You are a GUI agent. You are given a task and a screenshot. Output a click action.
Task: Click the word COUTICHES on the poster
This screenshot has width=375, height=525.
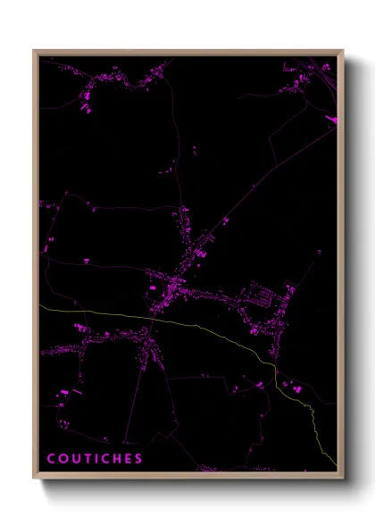(x=95, y=459)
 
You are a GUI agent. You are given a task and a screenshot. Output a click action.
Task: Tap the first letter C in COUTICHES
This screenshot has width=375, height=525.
(x=51, y=459)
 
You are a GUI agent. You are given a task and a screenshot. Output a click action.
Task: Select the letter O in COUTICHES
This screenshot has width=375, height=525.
(x=62, y=459)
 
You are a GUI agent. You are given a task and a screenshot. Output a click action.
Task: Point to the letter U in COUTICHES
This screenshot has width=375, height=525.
(x=73, y=459)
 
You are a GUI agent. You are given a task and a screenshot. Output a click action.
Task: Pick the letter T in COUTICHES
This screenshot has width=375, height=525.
(x=85, y=459)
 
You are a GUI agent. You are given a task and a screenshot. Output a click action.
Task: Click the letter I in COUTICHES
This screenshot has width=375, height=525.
(x=94, y=459)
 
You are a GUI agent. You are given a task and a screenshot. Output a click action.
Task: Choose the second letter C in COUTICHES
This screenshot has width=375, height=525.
(x=103, y=459)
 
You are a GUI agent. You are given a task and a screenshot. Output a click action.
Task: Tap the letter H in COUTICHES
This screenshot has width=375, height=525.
(x=114, y=459)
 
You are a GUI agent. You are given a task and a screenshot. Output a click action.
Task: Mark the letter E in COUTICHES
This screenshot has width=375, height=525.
(x=126, y=459)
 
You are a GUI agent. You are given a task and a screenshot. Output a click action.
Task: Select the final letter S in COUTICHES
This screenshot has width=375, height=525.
(x=137, y=459)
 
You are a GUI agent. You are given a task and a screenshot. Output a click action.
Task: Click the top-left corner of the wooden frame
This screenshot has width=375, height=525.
(x=34, y=51)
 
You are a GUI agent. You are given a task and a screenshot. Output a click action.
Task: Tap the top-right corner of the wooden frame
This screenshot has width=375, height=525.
(x=343, y=51)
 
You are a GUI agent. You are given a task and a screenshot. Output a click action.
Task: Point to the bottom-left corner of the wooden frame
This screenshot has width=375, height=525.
(x=34, y=478)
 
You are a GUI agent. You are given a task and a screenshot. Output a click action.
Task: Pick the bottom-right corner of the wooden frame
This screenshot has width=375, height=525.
(x=343, y=478)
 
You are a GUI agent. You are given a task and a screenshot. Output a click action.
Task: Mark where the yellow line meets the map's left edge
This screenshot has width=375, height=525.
(x=39, y=306)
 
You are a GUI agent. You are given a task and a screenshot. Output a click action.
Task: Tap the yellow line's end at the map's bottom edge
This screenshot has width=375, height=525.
(x=336, y=464)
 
